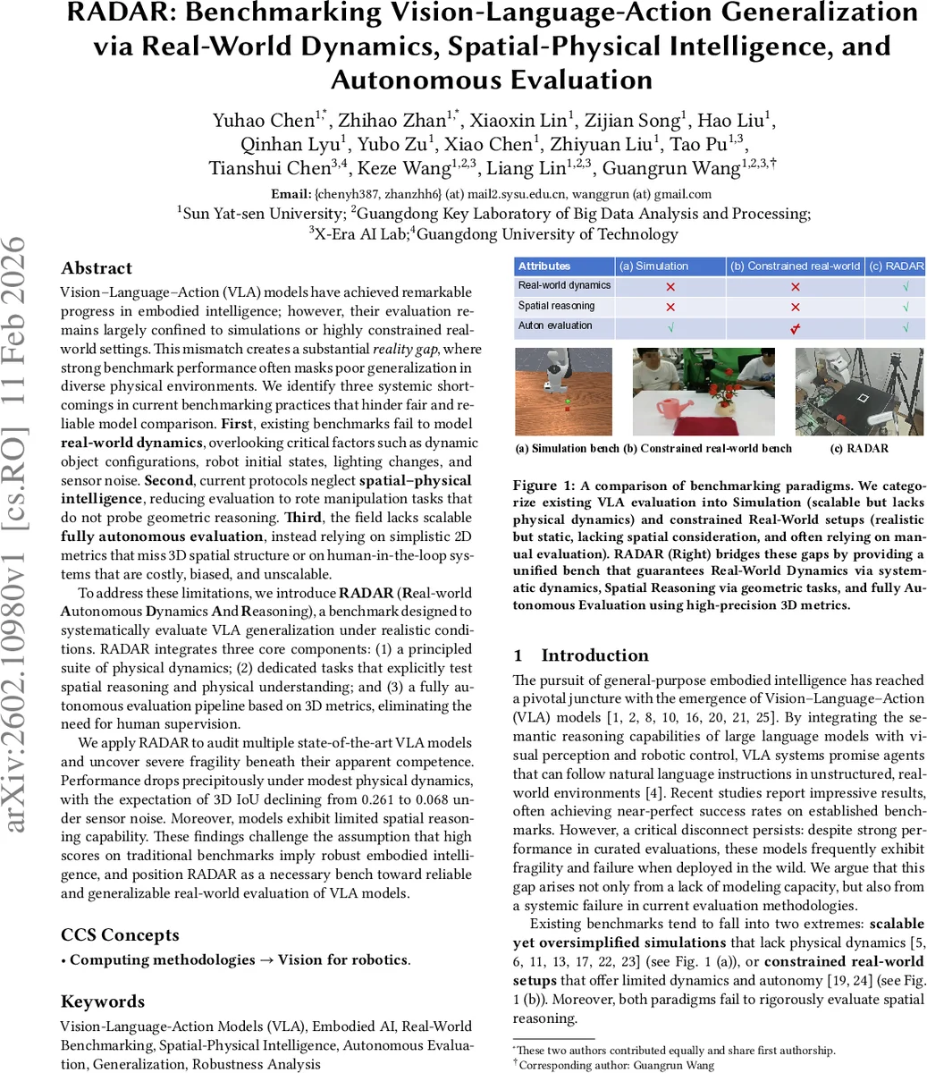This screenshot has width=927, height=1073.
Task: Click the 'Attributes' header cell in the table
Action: tap(544, 266)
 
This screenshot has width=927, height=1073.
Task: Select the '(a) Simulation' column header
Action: tap(654, 266)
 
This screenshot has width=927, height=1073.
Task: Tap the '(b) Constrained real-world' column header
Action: tap(795, 266)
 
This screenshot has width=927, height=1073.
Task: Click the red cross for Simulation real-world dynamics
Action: tap(670, 287)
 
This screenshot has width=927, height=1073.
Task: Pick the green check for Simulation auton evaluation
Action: tap(670, 328)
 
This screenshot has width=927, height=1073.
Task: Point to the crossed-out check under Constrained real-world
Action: tap(795, 328)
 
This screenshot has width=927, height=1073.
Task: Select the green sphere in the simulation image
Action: tap(568, 403)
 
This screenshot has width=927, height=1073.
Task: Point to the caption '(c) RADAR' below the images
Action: tap(859, 448)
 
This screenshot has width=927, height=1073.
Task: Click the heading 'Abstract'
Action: tap(97, 268)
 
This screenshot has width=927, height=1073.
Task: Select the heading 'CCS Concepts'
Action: tap(120, 935)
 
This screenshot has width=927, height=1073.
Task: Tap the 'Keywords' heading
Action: tap(103, 1001)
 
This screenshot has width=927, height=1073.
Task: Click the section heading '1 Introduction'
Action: tap(581, 655)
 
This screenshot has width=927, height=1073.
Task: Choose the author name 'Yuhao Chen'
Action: tap(263, 120)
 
